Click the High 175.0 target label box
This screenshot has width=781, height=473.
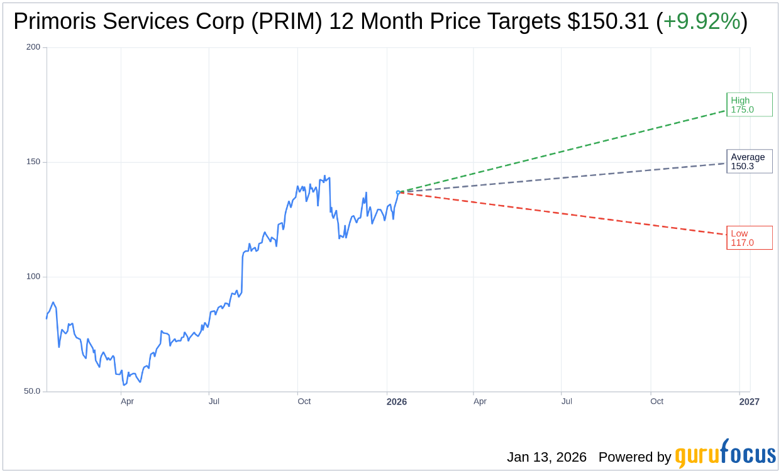[x=749, y=105]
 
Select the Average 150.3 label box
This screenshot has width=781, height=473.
[x=749, y=162]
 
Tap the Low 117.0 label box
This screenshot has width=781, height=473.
[x=749, y=238]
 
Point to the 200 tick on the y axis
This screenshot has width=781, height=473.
[x=33, y=47]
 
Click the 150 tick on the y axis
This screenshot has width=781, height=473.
[x=33, y=162]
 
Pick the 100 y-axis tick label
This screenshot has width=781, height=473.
[x=33, y=277]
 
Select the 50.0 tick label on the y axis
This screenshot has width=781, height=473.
[x=32, y=391]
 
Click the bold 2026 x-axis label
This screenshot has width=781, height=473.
[x=396, y=401]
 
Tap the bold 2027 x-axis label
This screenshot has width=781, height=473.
[x=749, y=401]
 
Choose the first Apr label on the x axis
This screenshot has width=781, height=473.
[x=127, y=401]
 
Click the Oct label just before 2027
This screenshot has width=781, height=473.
[x=656, y=401]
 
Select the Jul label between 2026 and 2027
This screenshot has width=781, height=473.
[x=567, y=401]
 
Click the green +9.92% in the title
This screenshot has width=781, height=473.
[x=702, y=21]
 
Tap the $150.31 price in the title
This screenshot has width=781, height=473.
[x=607, y=21]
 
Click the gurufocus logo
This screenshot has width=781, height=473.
[x=725, y=454]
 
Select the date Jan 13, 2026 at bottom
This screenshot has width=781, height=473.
[x=546, y=457]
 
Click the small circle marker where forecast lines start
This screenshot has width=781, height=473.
[x=398, y=192]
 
